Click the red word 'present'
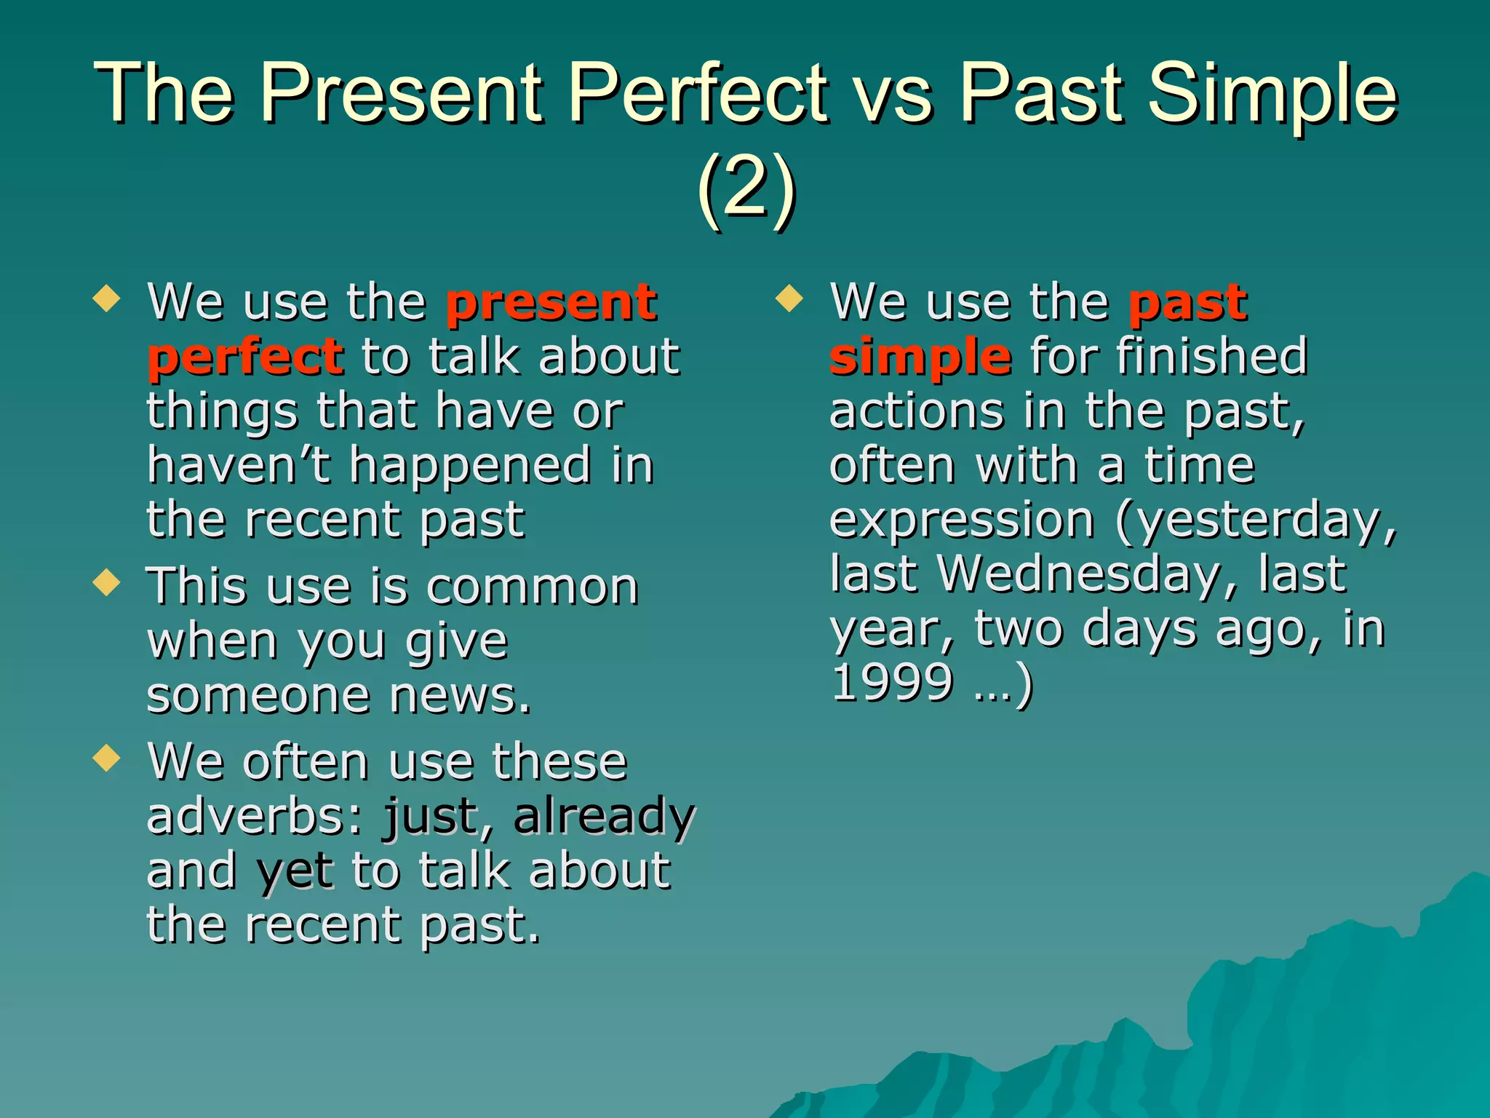coord(551,304)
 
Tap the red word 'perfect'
coord(245,358)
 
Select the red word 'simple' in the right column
coord(920,358)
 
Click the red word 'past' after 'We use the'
coord(1187,304)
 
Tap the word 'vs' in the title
coord(893,95)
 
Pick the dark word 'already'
coord(605,817)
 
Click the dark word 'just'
coord(431,817)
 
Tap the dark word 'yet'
coord(295,871)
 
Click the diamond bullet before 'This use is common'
coord(107,582)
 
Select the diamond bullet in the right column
coord(789,298)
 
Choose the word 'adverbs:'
coord(254,817)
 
